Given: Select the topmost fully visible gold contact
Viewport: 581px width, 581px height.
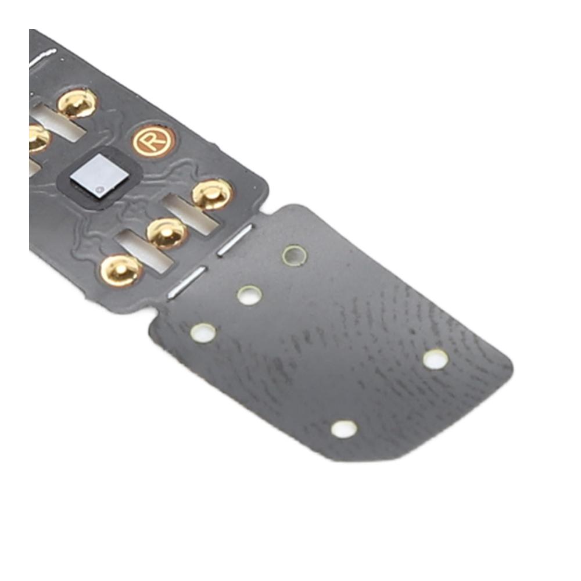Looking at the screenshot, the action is click(x=78, y=102).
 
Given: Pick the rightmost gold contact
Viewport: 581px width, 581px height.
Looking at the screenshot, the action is click(x=212, y=194).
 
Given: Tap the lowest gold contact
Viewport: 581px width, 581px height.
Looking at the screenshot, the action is click(x=121, y=271).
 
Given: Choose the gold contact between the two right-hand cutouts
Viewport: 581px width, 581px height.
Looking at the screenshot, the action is click(x=167, y=234).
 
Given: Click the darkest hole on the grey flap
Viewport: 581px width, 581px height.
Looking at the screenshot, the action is click(x=295, y=255).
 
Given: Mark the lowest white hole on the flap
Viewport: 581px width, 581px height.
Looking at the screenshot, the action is click(x=344, y=429).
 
